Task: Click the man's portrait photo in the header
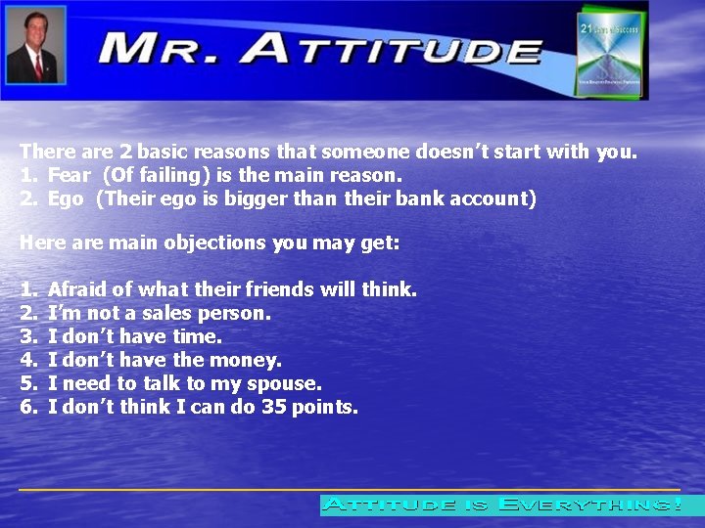pyautogui.click(x=35, y=45)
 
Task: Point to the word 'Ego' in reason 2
pyautogui.click(x=65, y=199)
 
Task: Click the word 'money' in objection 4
pyautogui.click(x=249, y=360)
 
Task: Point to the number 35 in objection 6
pyautogui.click(x=273, y=407)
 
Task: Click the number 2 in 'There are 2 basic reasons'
pyautogui.click(x=125, y=153)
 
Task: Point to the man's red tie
pyautogui.click(x=38, y=66)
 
